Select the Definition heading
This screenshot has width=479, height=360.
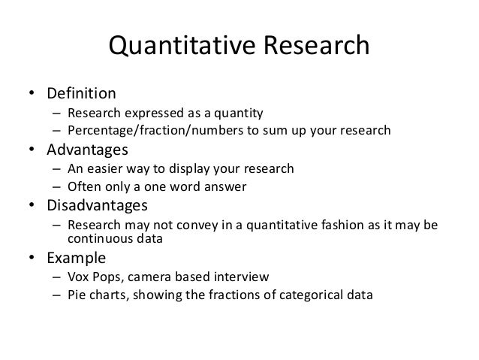[x=82, y=95]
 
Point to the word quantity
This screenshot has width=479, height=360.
[x=238, y=114]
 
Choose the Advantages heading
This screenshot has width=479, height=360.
[x=86, y=150]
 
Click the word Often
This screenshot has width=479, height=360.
[x=83, y=185]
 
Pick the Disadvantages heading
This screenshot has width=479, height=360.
[x=96, y=204]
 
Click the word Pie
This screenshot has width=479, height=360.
[x=75, y=295]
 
